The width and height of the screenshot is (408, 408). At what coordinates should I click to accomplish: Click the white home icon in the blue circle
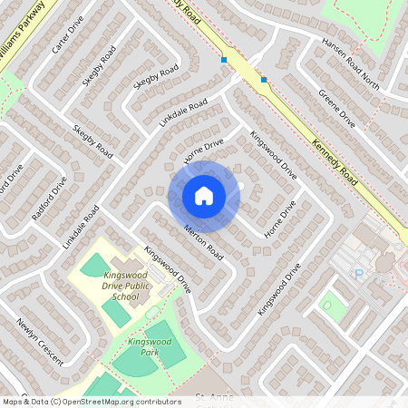pyautogui.click(x=204, y=196)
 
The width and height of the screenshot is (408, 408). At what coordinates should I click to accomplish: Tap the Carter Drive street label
pyautogui.click(x=69, y=34)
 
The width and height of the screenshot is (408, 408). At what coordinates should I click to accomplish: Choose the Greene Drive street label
pyautogui.click(x=336, y=106)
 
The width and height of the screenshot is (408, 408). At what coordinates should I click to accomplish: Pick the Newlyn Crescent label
pyautogui.click(x=40, y=341)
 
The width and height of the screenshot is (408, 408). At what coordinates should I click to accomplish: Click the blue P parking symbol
pyautogui.click(x=358, y=273)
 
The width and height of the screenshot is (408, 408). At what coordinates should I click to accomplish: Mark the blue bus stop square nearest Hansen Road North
pyautogui.click(x=264, y=80)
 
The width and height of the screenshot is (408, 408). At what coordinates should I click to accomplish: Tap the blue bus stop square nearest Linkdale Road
pyautogui.click(x=223, y=60)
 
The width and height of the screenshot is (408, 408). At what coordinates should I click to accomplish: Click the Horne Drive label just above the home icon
pyautogui.click(x=203, y=151)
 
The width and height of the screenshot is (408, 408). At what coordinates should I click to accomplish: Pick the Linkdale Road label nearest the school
pyautogui.click(x=81, y=227)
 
